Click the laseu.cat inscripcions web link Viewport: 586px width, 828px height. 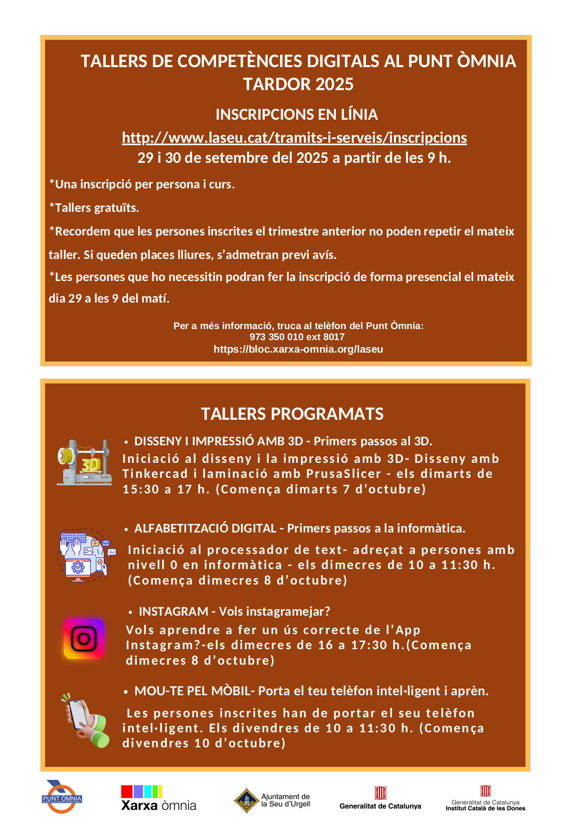(x=294, y=138)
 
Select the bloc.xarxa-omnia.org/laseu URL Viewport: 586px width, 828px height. (x=298, y=349)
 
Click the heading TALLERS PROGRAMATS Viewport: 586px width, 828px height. (x=292, y=414)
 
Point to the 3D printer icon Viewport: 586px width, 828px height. (x=84, y=463)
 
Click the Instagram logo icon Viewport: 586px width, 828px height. (x=84, y=639)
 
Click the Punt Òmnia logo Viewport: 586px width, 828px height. (x=62, y=797)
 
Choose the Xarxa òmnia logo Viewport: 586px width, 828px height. (x=158, y=798)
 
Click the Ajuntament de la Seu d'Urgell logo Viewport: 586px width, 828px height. (x=272, y=800)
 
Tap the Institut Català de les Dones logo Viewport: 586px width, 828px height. (x=485, y=798)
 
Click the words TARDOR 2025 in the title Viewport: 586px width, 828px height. (x=298, y=84)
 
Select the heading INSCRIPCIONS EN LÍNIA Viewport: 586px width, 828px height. (x=297, y=115)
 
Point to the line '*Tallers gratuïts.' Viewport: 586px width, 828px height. (x=94, y=208)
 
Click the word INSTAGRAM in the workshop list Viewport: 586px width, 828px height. (x=173, y=612)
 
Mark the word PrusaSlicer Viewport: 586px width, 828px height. (x=343, y=474)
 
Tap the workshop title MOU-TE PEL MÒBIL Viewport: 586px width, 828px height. (x=193, y=691)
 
